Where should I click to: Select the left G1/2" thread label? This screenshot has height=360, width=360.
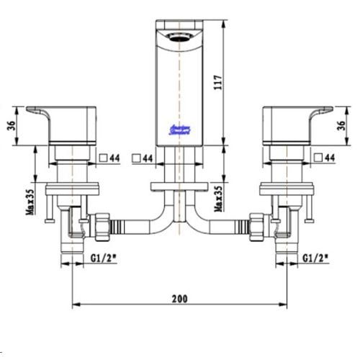(104, 257)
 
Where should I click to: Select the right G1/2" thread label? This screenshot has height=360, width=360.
(316, 257)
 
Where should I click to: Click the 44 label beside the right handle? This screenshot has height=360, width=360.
(332, 157)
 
